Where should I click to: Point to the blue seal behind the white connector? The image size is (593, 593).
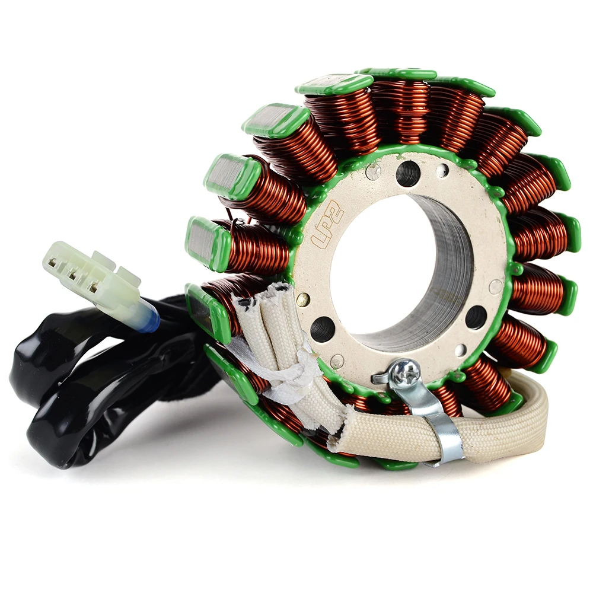149,318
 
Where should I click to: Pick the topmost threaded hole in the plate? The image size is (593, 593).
408,173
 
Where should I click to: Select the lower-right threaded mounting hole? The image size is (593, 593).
476,317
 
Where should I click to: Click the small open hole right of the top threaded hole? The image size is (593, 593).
442,171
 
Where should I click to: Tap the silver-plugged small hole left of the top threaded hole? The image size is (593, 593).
373,172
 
